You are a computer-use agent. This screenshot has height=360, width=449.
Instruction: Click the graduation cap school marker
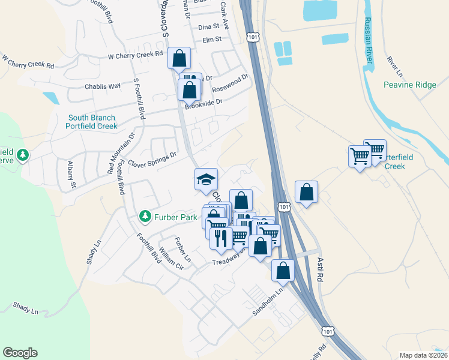click(206, 179)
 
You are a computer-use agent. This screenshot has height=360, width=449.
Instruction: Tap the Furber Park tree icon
click(145, 215)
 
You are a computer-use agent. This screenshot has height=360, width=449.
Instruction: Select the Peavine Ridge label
click(410, 85)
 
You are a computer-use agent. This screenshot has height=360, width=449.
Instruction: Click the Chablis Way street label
click(103, 86)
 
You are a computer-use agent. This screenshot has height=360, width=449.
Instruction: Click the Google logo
click(20, 353)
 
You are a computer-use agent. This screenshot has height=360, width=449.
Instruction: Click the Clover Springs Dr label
click(152, 159)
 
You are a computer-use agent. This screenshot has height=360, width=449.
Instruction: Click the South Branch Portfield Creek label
click(92, 122)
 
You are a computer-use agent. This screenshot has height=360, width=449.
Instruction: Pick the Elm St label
click(212, 40)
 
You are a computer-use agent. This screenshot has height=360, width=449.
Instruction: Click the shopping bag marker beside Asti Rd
click(306, 192)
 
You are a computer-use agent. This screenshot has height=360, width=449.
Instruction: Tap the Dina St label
click(209, 27)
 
